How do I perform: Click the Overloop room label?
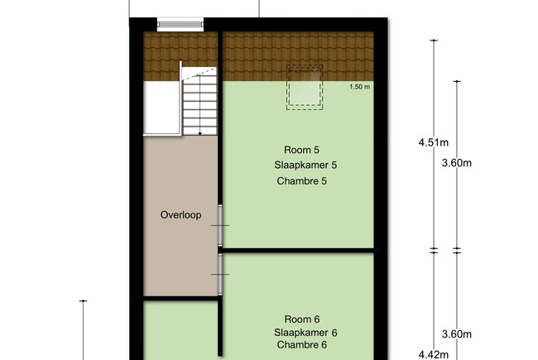(180, 215)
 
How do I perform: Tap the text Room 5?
(301, 150)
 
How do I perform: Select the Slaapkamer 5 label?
(305, 165)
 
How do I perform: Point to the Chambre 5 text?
(302, 181)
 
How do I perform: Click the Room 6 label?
(302, 319)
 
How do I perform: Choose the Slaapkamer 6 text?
(305, 333)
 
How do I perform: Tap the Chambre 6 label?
(302, 344)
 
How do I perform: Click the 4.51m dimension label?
(434, 142)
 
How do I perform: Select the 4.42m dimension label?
(434, 354)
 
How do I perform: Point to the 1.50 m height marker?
(359, 87)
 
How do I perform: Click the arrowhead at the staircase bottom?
(200, 133)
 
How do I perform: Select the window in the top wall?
(180, 24)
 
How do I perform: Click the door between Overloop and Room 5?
(220, 225)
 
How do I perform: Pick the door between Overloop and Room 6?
(220, 275)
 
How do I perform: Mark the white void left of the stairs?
(161, 108)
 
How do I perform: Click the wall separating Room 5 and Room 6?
(298, 251)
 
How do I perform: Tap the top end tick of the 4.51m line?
(434, 41)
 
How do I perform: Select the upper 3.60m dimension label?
(457, 163)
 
